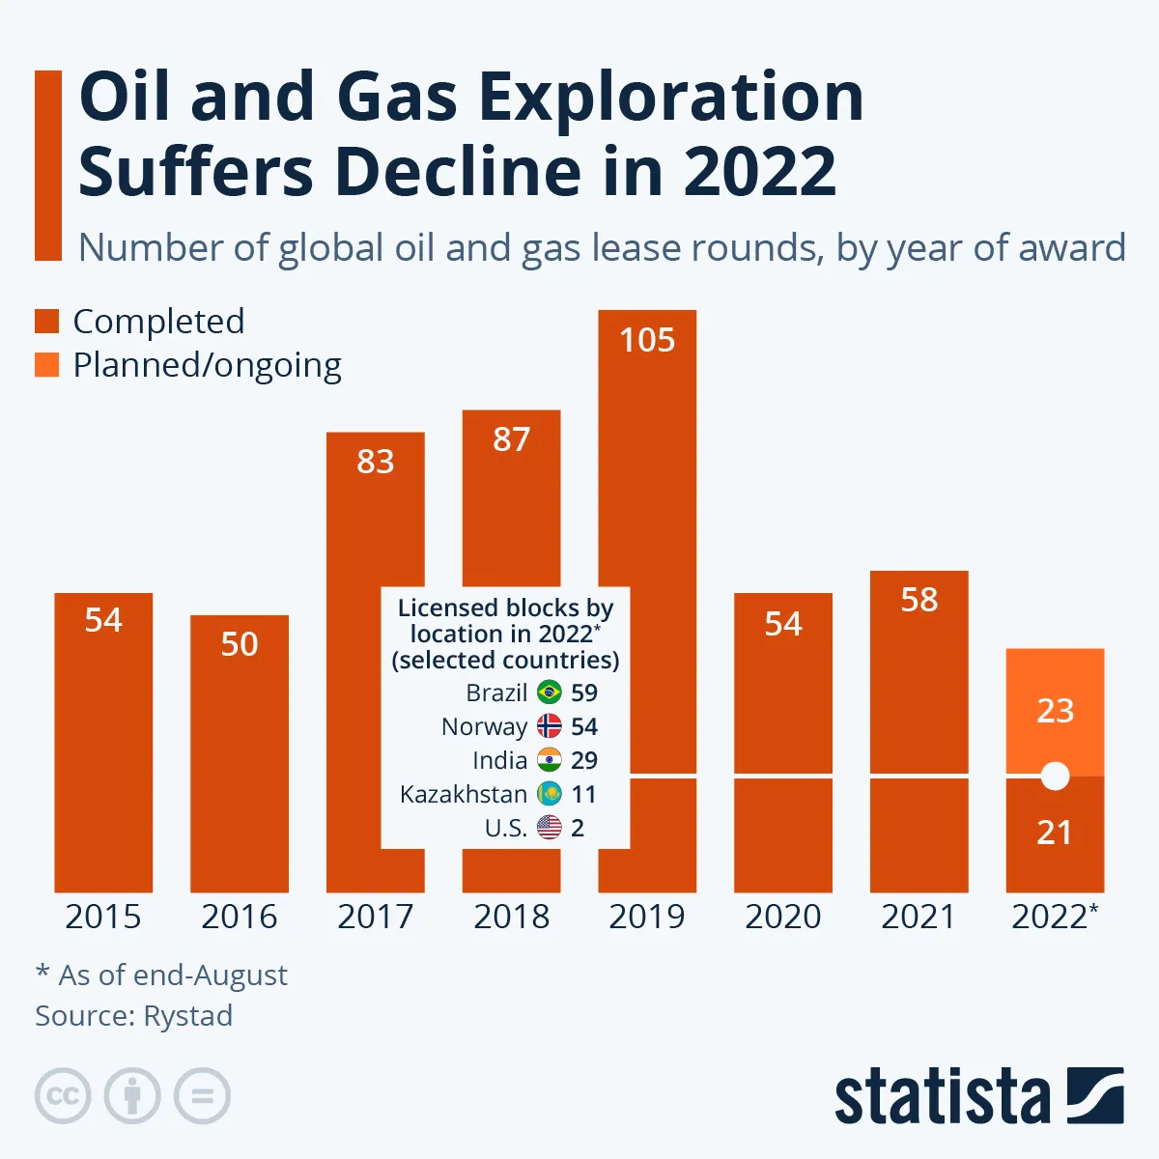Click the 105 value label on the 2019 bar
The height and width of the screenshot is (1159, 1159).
(x=647, y=340)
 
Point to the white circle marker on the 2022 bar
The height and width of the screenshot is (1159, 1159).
(x=1055, y=776)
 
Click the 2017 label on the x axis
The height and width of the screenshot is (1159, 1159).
(x=375, y=917)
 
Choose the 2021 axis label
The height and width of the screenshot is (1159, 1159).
(x=919, y=917)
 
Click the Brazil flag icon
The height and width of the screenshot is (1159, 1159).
(x=550, y=693)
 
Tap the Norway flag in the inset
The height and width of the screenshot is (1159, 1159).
(x=550, y=726)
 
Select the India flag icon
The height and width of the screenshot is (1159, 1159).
(x=550, y=760)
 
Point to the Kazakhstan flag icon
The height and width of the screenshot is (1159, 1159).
(x=550, y=794)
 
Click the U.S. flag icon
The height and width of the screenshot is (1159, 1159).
(x=550, y=828)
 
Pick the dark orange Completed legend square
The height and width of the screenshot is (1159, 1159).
(x=47, y=322)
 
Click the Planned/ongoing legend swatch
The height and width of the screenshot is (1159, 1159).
(x=47, y=365)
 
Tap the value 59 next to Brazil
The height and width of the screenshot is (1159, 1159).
(x=584, y=693)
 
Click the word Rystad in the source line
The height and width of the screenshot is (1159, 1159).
(x=187, y=1016)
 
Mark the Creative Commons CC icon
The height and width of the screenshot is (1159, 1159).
(x=63, y=1096)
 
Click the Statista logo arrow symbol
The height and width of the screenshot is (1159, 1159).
(x=1095, y=1095)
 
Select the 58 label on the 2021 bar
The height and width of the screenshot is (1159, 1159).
(x=919, y=600)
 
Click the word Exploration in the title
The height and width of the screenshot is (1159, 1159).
(x=670, y=97)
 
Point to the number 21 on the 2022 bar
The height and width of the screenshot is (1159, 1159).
(x=1055, y=833)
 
